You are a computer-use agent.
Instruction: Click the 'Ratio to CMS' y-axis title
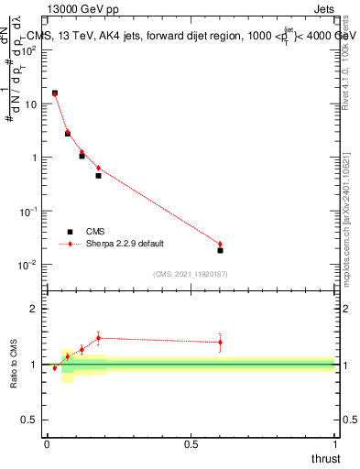coord(15,365)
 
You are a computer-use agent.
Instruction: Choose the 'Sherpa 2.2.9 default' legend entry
coord(115,244)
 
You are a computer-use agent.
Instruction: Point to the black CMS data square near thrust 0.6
coord(220,250)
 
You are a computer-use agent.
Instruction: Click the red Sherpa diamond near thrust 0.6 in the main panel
coord(220,244)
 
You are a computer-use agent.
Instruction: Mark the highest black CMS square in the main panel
coord(55,93)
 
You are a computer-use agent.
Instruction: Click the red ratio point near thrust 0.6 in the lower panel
coord(220,343)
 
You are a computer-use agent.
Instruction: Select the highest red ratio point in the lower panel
coord(98,338)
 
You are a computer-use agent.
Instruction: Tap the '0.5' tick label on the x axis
coord(191,443)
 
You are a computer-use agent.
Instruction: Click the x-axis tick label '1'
coord(334,443)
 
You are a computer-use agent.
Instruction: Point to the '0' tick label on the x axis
coord(47,443)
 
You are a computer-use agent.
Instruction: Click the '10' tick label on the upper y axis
coord(31,104)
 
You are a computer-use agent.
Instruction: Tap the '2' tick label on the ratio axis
coord(33,309)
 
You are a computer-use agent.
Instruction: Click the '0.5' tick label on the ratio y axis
coord(29,420)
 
